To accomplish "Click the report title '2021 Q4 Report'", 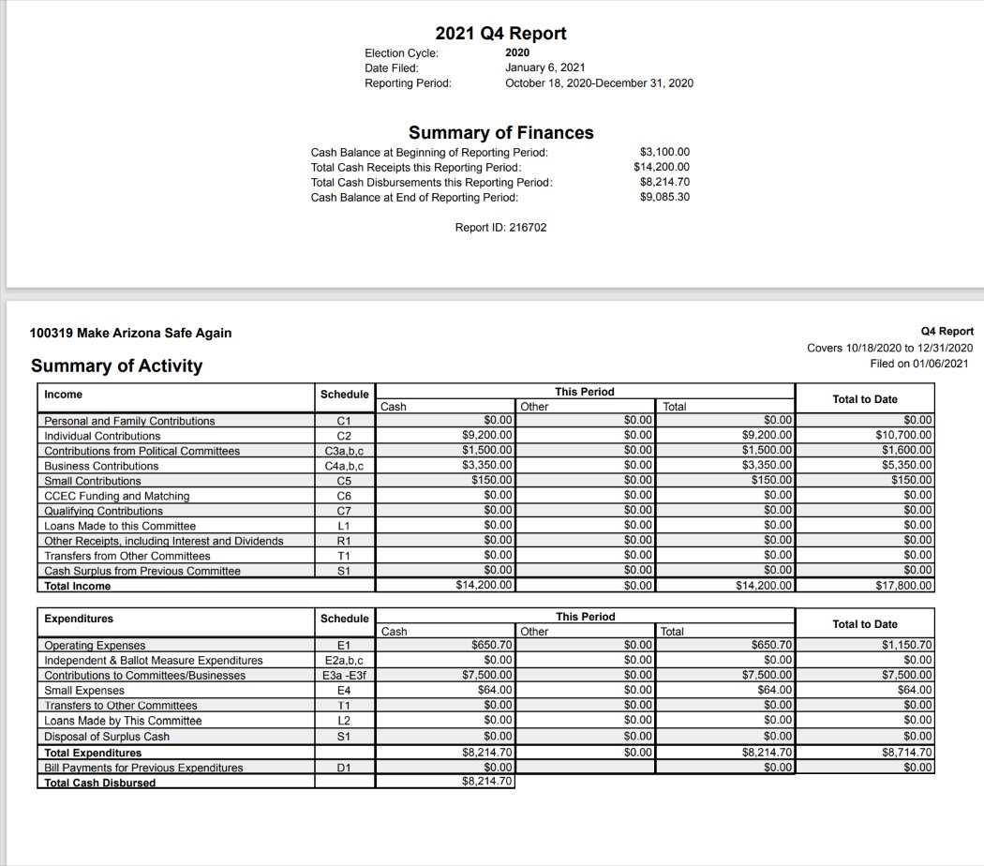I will pyautogui.click(x=500, y=34).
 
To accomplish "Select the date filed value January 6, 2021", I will pyautogui.click(x=544, y=67).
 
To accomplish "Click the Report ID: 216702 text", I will pyautogui.click(x=500, y=228).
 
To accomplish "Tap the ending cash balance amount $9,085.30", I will pyautogui.click(x=664, y=197).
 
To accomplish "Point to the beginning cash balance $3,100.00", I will pyautogui.click(x=664, y=152).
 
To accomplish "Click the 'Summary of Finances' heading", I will pyautogui.click(x=500, y=132).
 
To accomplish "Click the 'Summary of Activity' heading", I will pyautogui.click(x=116, y=366).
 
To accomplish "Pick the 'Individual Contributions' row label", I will pyautogui.click(x=102, y=436).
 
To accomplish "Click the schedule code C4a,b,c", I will pyautogui.click(x=344, y=466).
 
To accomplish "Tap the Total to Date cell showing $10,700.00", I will pyautogui.click(x=905, y=436).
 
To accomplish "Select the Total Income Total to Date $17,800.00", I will pyautogui.click(x=905, y=586).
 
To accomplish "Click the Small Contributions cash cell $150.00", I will pyautogui.click(x=492, y=481).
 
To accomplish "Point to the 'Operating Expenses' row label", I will pyautogui.click(x=95, y=646).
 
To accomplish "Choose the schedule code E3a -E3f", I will pyautogui.click(x=344, y=676).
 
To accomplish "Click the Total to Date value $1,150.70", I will pyautogui.click(x=908, y=646).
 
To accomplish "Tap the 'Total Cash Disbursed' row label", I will pyautogui.click(x=100, y=783).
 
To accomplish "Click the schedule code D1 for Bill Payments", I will pyautogui.click(x=344, y=768).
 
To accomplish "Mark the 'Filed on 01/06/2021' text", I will pyautogui.click(x=919, y=364).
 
